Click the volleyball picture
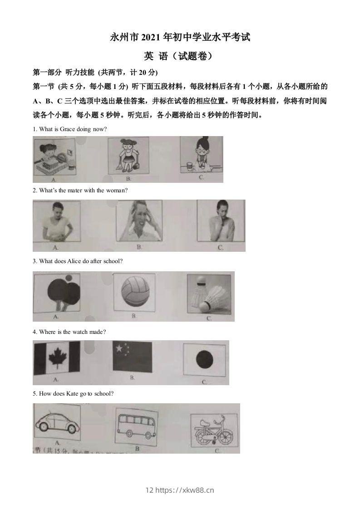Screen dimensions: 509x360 click(x=134, y=292)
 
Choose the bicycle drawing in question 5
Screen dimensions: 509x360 click(x=212, y=431)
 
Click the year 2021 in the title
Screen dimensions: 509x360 click(x=141, y=38)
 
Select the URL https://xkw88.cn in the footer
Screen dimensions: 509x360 click(x=185, y=490)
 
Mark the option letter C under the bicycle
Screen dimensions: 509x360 click(x=217, y=450)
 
